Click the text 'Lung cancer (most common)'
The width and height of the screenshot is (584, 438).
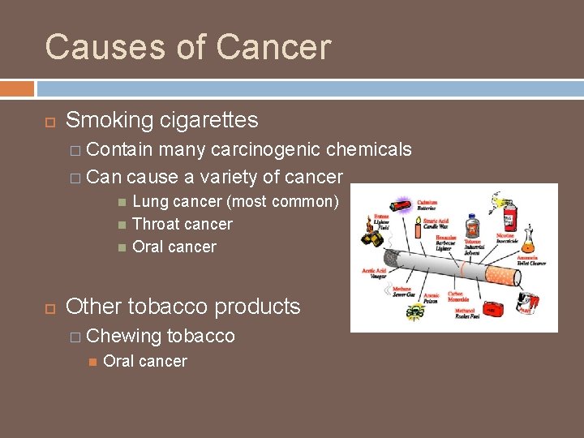pos(235,201)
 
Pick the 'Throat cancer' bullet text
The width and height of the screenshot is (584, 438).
pos(182,224)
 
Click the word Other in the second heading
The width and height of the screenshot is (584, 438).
pos(93,307)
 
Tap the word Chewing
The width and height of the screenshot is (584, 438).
pos(123,336)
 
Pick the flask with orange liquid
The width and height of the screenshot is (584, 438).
pos(530,239)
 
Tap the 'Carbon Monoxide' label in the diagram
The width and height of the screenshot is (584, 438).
pos(456,297)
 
